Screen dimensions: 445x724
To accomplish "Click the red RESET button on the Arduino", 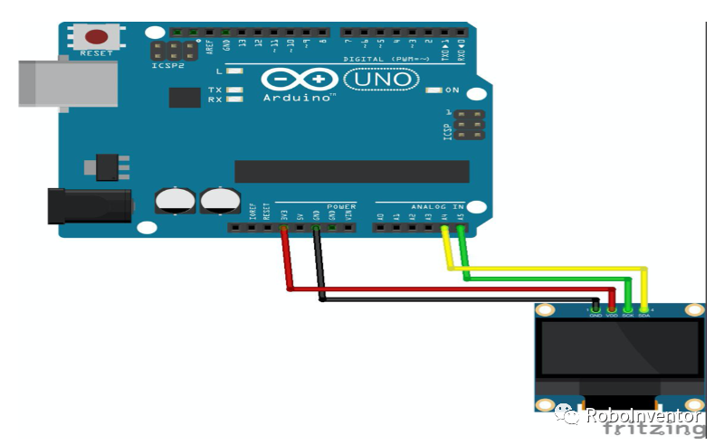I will [97, 38].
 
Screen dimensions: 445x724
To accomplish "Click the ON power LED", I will [433, 90].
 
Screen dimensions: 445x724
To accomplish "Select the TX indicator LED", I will [234, 90].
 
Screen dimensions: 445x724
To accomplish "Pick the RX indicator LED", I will [234, 99].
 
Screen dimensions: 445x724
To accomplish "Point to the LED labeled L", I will [234, 71].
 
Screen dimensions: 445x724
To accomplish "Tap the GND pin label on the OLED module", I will [595, 315].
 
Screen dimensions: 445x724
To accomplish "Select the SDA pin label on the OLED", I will [643, 315].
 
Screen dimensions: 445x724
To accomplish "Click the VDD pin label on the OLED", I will [612, 315].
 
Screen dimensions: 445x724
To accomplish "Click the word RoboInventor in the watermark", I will [643, 416].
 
